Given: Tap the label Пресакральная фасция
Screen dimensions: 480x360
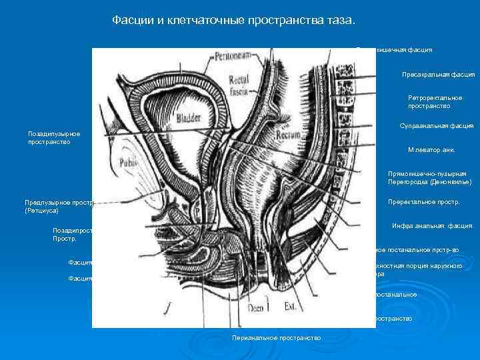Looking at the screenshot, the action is (x=437, y=75).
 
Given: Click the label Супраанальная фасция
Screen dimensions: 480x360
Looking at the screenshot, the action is (x=436, y=125).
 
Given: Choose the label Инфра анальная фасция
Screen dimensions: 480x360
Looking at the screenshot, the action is (x=432, y=226).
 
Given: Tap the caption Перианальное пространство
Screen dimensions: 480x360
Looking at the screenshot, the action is (x=276, y=338).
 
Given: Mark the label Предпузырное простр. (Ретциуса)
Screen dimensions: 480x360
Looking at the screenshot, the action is (x=60, y=206).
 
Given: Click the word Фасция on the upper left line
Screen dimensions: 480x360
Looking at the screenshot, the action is (x=80, y=263).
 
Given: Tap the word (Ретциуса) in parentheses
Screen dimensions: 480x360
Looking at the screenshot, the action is (x=42, y=211).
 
